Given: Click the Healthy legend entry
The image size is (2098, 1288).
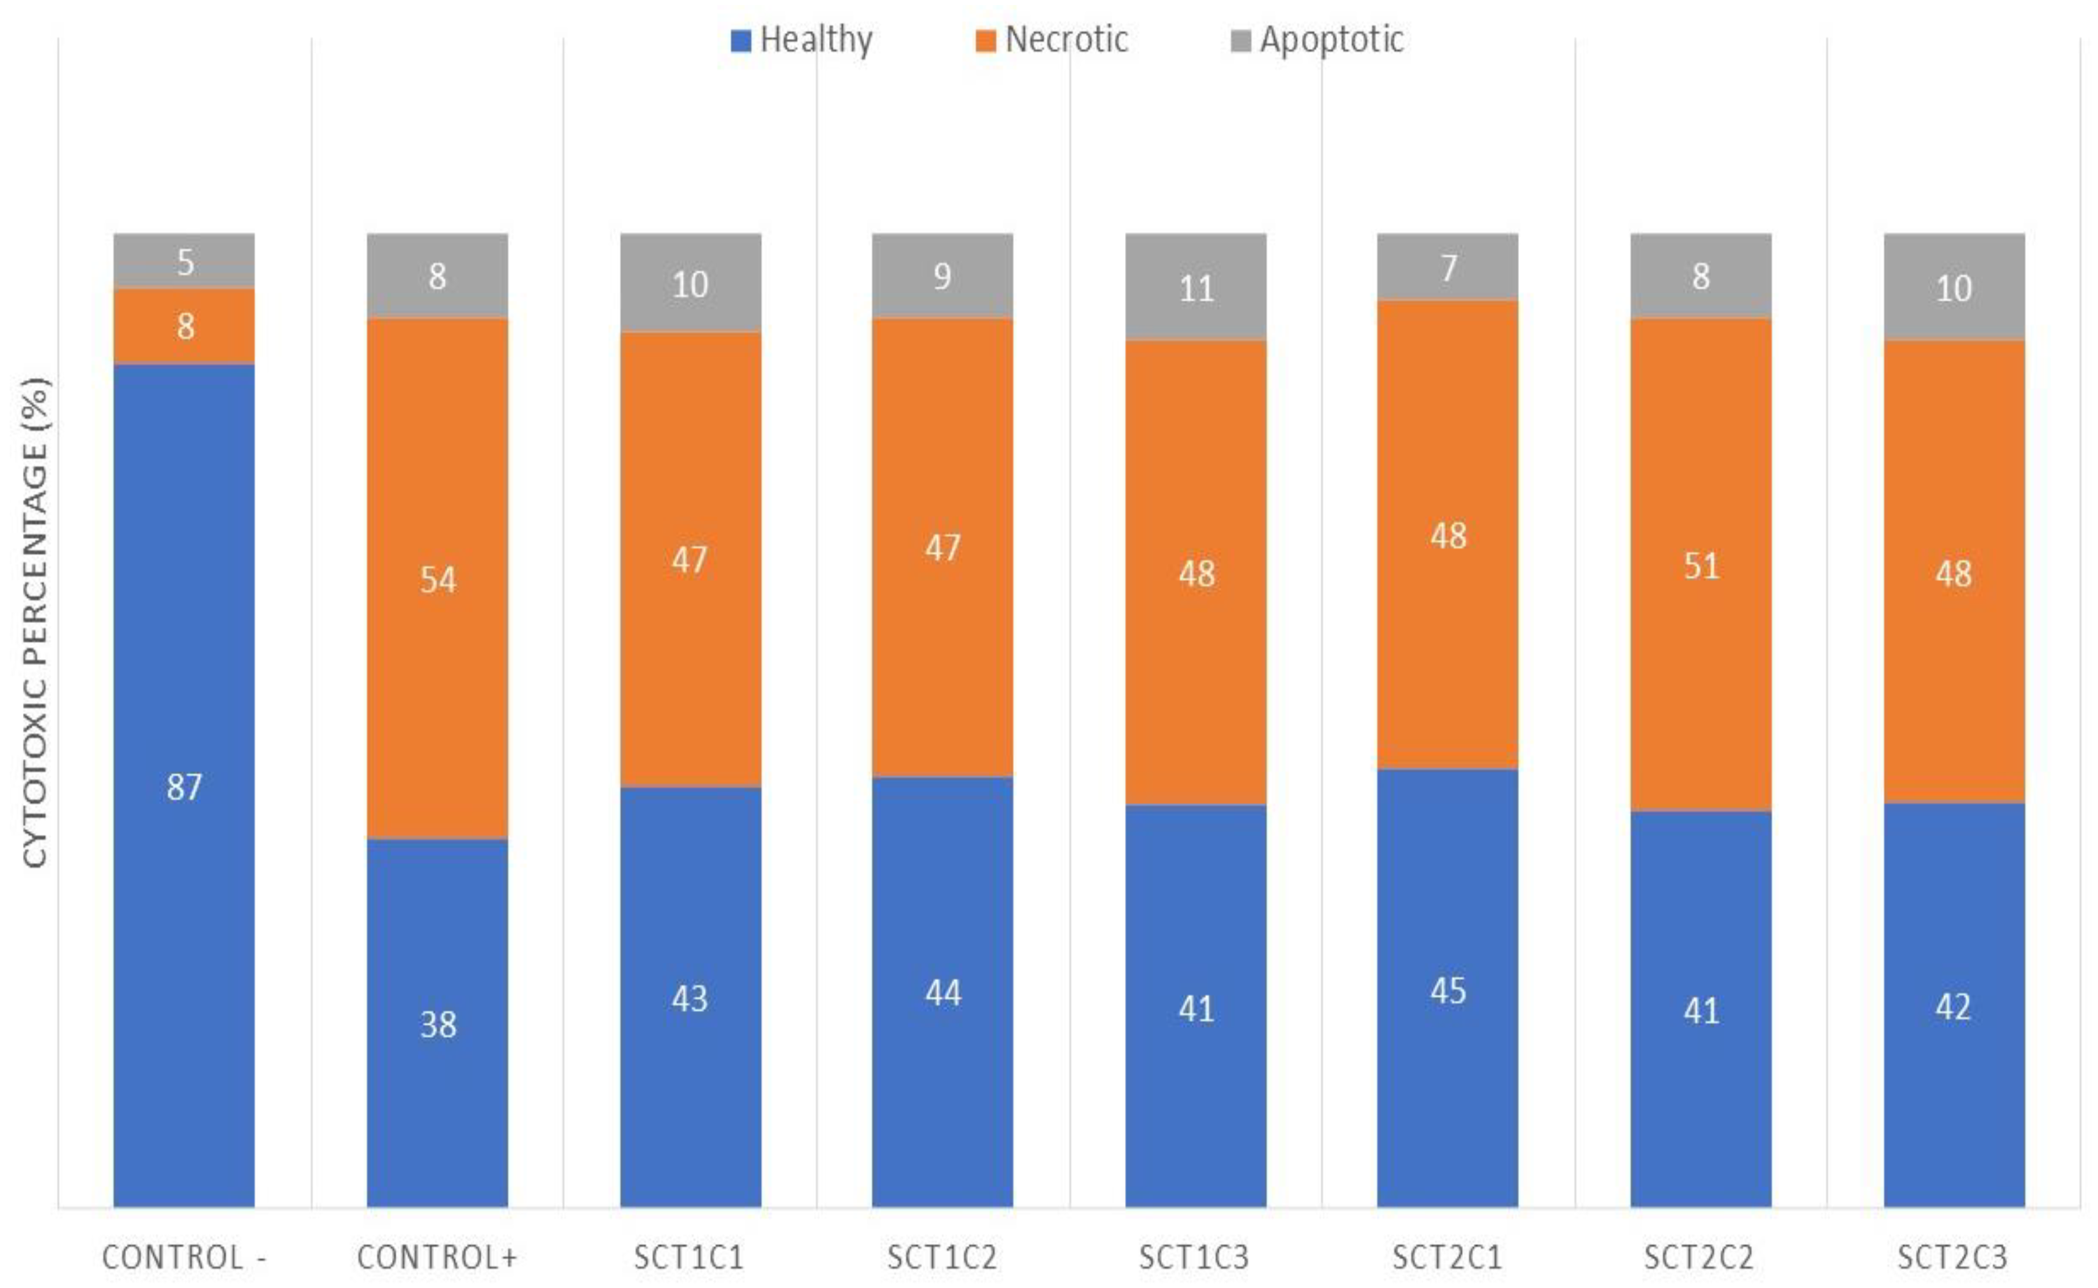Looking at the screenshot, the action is (x=802, y=40).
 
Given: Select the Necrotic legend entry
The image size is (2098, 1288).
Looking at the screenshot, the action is (x=1052, y=40).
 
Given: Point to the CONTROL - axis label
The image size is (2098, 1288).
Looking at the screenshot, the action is (x=184, y=1257).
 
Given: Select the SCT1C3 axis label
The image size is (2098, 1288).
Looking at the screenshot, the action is (x=1194, y=1257).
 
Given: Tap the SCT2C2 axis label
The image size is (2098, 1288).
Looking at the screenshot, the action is (x=1700, y=1257).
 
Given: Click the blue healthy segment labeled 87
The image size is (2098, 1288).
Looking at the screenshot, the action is (x=184, y=785).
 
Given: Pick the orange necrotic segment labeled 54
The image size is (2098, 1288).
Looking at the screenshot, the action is (x=437, y=579).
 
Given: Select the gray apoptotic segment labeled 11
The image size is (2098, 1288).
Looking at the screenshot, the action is (x=1196, y=287).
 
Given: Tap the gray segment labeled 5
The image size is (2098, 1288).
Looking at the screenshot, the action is (x=184, y=261).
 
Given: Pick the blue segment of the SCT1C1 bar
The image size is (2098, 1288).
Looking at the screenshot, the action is (x=690, y=997).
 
